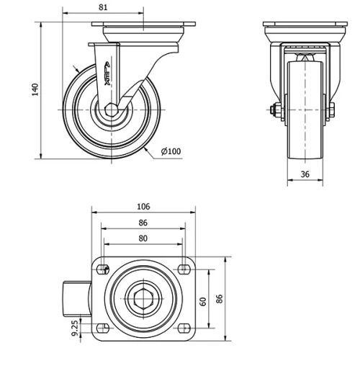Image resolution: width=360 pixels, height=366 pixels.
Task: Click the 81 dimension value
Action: click(102, 8)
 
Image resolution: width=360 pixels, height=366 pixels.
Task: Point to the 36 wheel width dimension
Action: click(305, 174)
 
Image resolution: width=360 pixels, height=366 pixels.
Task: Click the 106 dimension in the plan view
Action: click(143, 207)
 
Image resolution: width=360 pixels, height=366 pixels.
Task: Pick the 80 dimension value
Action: click(143, 238)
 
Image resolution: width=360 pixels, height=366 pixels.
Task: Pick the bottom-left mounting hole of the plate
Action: click(102, 328)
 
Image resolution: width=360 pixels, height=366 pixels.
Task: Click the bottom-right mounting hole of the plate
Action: click(184, 328)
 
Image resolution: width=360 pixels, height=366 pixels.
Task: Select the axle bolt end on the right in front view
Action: click(332, 111)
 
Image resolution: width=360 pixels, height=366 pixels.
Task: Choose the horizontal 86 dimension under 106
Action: click(143, 223)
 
